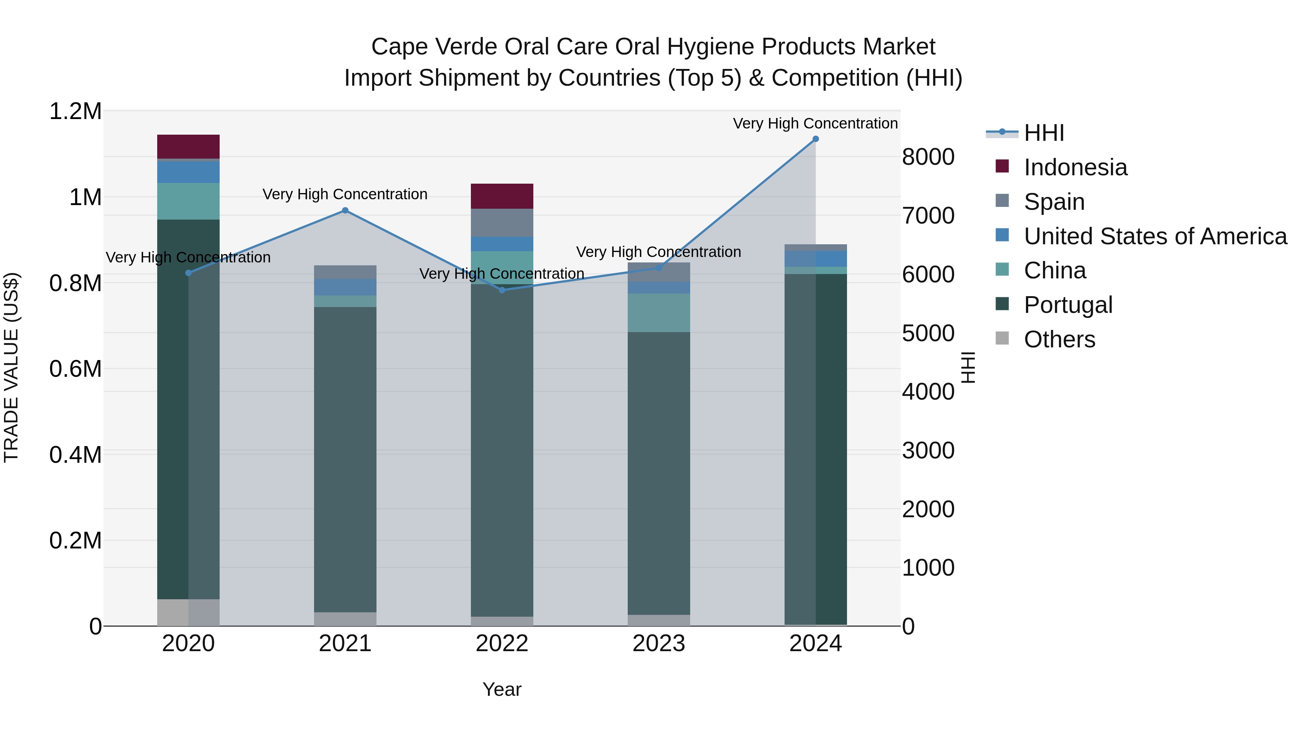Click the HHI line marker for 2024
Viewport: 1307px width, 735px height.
[x=815, y=139]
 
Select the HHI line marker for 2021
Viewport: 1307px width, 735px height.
[x=345, y=211]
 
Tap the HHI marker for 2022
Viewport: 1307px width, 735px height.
[x=502, y=290]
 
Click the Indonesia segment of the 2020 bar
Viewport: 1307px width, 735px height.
[x=188, y=147]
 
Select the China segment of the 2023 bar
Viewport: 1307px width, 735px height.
[x=659, y=313]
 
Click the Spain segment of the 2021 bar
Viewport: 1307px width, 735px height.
[x=345, y=272]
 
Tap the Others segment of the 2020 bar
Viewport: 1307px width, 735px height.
[x=188, y=612]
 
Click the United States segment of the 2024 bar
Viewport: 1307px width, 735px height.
[x=815, y=259]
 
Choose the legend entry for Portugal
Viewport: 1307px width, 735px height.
[x=1067, y=305]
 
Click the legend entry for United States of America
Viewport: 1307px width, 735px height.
[x=1155, y=236]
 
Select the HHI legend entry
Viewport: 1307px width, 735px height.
[x=1043, y=133]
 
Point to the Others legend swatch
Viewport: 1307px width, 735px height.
[x=1002, y=338]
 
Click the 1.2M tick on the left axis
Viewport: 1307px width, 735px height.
[x=75, y=111]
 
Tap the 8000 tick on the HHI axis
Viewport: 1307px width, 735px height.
[x=928, y=157]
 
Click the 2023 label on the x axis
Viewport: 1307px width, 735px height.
[x=659, y=644]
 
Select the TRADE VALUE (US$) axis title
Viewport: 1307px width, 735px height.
[x=11, y=367]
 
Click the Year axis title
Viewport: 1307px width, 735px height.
[x=502, y=689]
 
